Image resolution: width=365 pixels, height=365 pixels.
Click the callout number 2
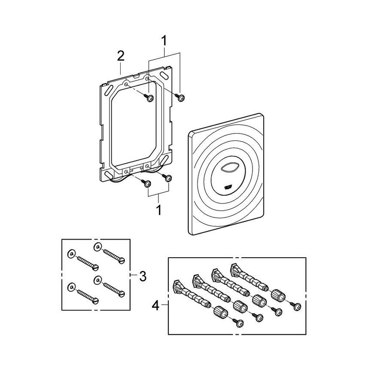point(121,56)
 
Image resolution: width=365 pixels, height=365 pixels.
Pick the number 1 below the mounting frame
point(159,210)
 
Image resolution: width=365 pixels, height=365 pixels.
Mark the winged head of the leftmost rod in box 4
point(177,284)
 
